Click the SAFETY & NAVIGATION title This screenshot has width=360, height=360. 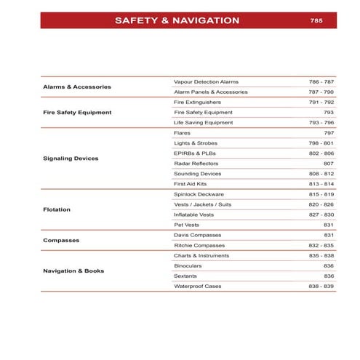point(177,20)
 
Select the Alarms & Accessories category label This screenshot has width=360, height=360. point(76,87)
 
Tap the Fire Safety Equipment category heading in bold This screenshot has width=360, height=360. point(76,113)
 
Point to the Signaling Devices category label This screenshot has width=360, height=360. point(71,158)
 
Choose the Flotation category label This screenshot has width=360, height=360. point(57,209)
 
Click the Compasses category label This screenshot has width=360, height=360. point(61,240)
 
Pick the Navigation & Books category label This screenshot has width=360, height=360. point(73,271)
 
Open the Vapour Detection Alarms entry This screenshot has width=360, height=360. point(207,81)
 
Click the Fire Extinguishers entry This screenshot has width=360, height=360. point(198,103)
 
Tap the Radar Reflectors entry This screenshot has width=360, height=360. point(196,164)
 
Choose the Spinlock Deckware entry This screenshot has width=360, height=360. point(199,194)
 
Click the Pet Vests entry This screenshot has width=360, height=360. point(187,225)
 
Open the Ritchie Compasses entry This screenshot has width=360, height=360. point(200,246)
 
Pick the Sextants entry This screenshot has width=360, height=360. point(186,276)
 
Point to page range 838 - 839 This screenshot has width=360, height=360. point(321,287)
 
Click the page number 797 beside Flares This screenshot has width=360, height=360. point(328,133)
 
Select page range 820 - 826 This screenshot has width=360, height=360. point(321,204)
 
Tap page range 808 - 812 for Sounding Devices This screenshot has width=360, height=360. point(321,174)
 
